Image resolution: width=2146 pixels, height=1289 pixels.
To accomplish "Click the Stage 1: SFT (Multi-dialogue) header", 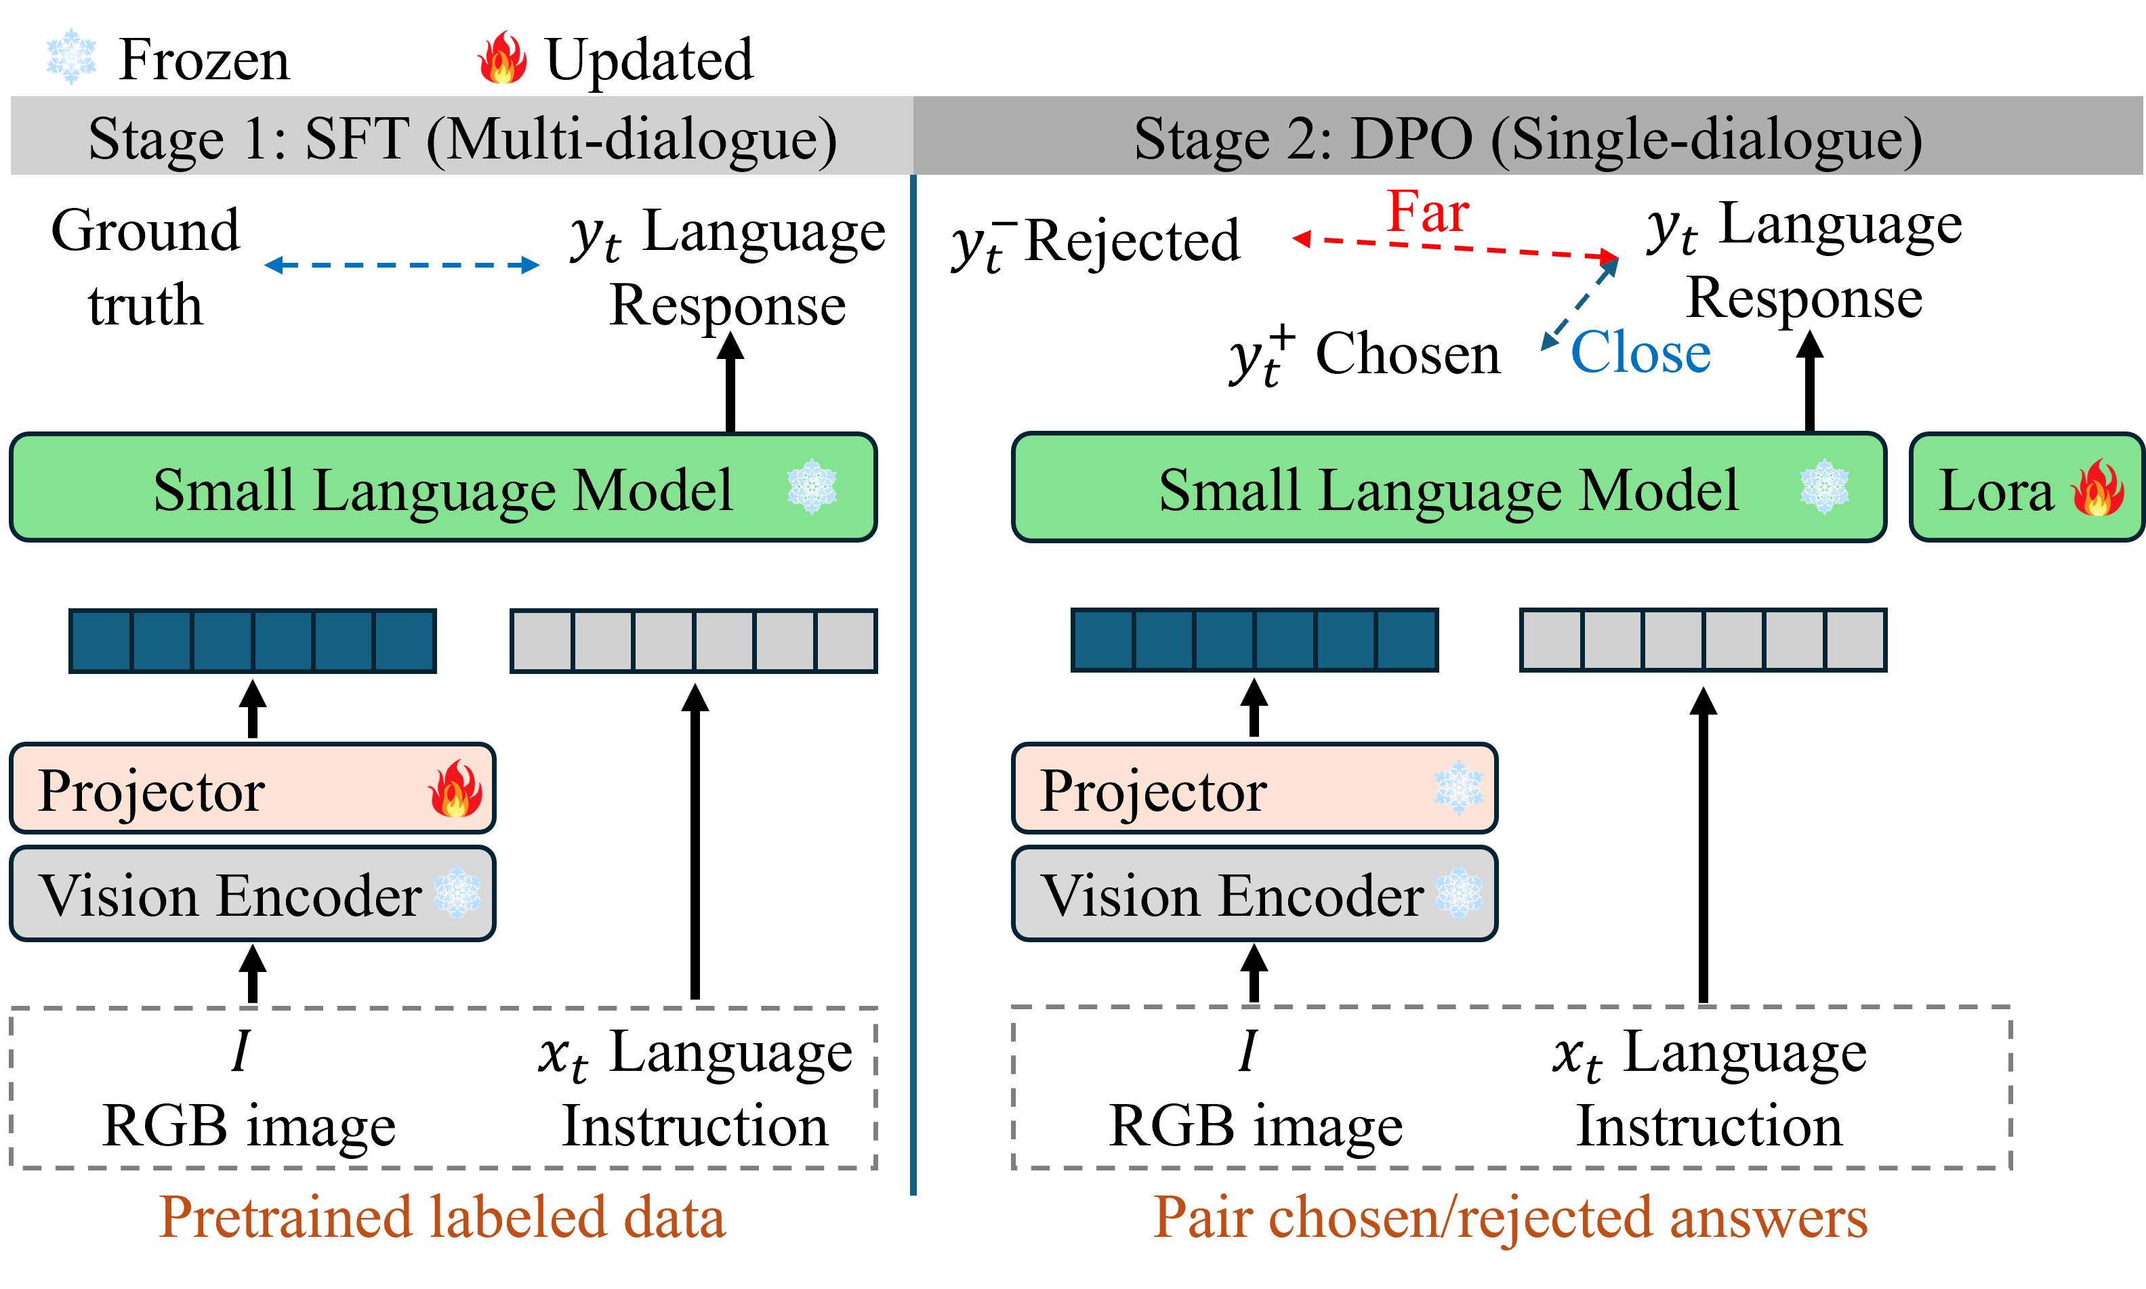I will pos(462,138).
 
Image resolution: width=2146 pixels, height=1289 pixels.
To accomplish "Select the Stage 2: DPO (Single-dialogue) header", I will pos(1527,138).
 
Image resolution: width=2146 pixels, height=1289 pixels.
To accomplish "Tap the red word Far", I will pos(1428,211).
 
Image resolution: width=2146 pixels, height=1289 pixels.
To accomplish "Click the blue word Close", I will pos(1641,352).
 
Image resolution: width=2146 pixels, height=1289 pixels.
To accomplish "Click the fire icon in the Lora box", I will pos(2097,488).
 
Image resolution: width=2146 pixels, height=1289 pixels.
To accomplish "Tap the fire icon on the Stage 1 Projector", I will pos(455,788).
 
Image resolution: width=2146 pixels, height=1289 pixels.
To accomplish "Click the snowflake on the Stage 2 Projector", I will pos(1459,788).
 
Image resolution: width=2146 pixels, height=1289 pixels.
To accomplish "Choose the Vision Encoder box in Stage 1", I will pos(252,894).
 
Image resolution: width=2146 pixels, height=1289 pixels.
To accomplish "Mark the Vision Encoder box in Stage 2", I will pos(1254,894).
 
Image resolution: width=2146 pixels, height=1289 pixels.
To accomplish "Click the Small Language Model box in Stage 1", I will pos(443,488).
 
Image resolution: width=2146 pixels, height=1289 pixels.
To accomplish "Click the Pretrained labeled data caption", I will pos(441,1217).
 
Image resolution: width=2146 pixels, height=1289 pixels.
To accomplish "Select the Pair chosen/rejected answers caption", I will pos(1510,1217).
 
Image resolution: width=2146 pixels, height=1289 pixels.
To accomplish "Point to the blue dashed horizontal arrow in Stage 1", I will pos(401,265).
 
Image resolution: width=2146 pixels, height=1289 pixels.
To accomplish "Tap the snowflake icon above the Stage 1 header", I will pos(71,56).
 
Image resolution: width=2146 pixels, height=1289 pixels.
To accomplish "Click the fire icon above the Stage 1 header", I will pos(502,58).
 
